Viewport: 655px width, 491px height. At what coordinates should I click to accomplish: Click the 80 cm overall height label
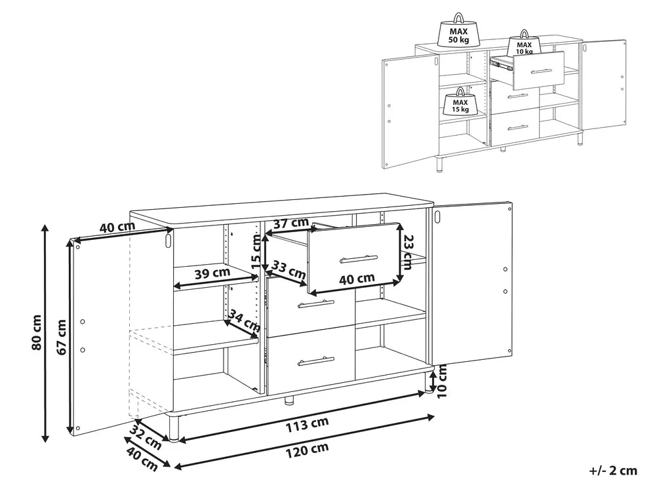pyautogui.click(x=37, y=332)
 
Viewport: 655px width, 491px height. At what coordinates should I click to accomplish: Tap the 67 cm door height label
pyautogui.click(x=62, y=337)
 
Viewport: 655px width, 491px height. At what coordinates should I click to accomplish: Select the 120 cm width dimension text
pyautogui.click(x=307, y=450)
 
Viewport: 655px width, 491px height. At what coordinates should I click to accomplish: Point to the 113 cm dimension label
pyautogui.click(x=307, y=424)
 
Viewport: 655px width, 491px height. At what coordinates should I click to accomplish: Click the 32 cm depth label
pyautogui.click(x=146, y=437)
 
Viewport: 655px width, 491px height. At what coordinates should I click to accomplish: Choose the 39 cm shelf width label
pyautogui.click(x=212, y=273)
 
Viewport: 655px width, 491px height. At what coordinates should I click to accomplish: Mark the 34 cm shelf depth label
pyautogui.click(x=245, y=319)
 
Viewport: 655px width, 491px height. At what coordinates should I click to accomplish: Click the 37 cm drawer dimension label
pyautogui.click(x=291, y=224)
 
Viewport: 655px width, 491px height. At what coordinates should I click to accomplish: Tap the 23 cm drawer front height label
pyautogui.click(x=407, y=252)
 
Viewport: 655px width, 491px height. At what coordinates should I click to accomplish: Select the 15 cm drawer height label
pyautogui.click(x=256, y=252)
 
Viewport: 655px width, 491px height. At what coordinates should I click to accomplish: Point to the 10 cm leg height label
pyautogui.click(x=443, y=381)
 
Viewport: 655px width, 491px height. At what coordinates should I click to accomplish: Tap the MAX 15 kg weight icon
pyautogui.click(x=460, y=102)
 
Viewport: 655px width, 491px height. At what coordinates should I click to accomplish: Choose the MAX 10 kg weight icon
pyautogui.click(x=525, y=43)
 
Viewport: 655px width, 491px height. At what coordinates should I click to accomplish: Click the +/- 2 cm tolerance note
pyautogui.click(x=613, y=471)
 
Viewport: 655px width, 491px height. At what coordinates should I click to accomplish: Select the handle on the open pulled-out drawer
pyautogui.click(x=359, y=259)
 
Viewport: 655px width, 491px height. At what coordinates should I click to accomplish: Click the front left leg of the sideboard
pyautogui.click(x=174, y=427)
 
